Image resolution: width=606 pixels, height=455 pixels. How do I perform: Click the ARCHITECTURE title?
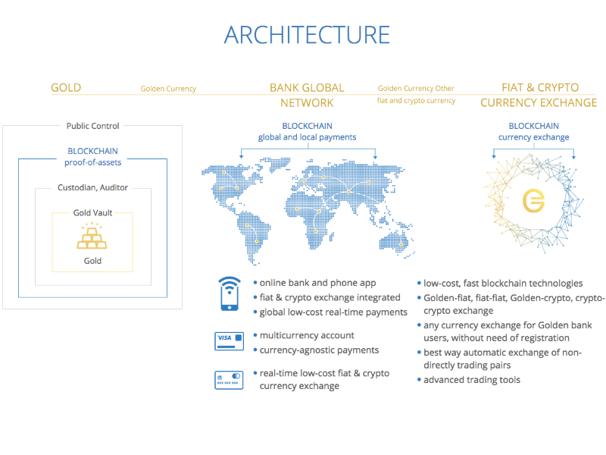pos(307,35)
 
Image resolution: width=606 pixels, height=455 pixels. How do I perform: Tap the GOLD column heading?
pos(66,88)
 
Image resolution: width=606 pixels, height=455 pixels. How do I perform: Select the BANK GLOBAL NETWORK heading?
pos(307,96)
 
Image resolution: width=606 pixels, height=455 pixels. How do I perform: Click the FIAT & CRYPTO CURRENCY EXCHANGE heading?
pos(539,96)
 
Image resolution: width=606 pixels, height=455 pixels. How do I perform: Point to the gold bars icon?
pos(92,236)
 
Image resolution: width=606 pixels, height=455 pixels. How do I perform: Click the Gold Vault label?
pos(92,213)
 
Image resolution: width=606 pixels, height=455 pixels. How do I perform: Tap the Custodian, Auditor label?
pos(92,187)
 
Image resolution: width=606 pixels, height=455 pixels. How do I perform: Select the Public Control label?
pos(92,126)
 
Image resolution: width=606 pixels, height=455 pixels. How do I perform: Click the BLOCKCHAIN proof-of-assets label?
pos(92,157)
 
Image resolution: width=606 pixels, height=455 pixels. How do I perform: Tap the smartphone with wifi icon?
pos(230,293)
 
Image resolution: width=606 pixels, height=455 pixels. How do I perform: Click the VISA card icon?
pos(230,340)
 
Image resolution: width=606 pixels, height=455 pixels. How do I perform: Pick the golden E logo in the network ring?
pos(533,201)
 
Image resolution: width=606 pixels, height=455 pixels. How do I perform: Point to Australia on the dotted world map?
pos(395,243)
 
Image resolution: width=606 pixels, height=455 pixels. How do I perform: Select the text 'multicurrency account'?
pos(307,335)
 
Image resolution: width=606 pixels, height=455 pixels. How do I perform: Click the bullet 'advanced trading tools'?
pos(472,380)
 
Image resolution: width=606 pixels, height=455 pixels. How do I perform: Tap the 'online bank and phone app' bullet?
pos(317,283)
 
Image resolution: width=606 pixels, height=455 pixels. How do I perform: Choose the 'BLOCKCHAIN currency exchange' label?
pos(534,131)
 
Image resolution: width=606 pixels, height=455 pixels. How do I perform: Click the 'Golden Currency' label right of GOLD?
pos(168,89)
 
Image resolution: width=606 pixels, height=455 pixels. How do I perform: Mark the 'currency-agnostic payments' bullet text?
pos(319,350)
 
